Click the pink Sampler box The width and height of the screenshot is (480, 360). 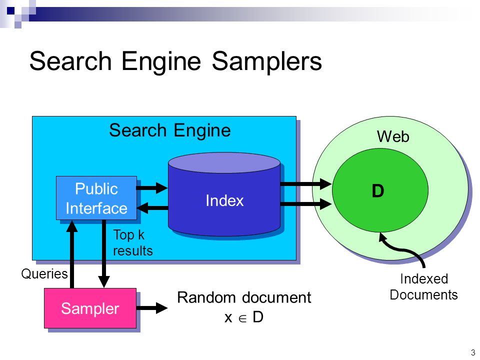tap(90, 308)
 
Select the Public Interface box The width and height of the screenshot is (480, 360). tap(96, 198)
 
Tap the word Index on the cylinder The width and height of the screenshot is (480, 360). tap(224, 201)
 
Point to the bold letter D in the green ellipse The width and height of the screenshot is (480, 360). tap(378, 190)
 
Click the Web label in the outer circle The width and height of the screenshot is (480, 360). tap(393, 136)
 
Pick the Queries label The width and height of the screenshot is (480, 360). tap(44, 273)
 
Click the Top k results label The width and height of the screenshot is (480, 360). tap(133, 243)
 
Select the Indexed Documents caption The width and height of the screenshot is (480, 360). tap(423, 287)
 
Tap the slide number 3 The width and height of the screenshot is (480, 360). tap(473, 352)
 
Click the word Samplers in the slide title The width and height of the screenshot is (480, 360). tap(266, 61)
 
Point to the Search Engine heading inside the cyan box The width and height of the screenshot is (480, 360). tap(170, 130)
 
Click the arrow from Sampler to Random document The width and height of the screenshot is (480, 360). tap(152, 308)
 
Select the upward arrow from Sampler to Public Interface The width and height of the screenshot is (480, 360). tap(72, 254)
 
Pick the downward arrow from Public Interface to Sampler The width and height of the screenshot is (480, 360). tap(104, 254)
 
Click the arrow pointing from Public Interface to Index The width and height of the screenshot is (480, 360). tap(152, 187)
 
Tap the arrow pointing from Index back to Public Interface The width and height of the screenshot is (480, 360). tap(152, 208)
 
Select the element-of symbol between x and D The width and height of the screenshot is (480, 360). tap(242, 318)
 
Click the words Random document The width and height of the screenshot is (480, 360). tap(244, 297)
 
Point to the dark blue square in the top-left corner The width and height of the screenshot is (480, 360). tap(10, 10)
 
